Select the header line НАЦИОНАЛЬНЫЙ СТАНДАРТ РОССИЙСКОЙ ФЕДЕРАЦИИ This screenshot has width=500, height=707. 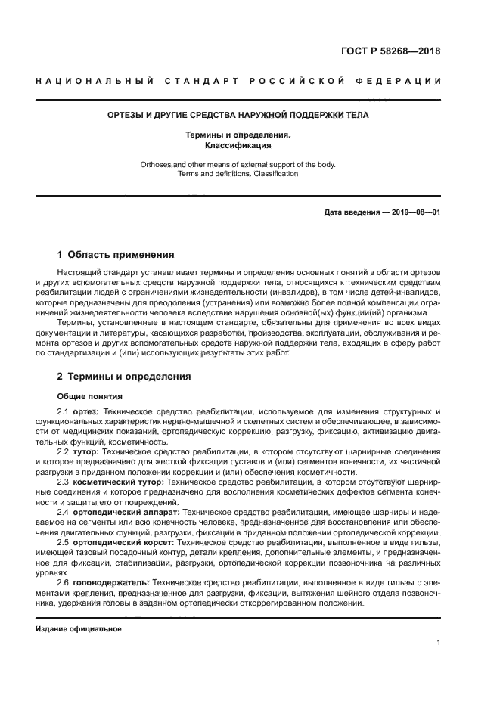(x=238, y=81)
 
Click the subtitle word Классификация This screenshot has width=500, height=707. (x=238, y=145)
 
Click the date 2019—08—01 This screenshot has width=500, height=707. (x=413, y=212)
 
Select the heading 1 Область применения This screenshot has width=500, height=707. (x=116, y=255)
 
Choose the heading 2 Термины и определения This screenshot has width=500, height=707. (x=124, y=376)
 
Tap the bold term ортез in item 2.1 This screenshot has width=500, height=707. (x=85, y=411)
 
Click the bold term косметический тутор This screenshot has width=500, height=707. (x=117, y=481)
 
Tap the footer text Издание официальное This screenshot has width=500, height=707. (x=79, y=629)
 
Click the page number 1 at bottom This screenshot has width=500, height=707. (x=438, y=643)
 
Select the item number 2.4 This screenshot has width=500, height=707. (x=63, y=512)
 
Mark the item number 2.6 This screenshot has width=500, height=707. (x=63, y=583)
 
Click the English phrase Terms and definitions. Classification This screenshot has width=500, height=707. (x=238, y=174)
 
